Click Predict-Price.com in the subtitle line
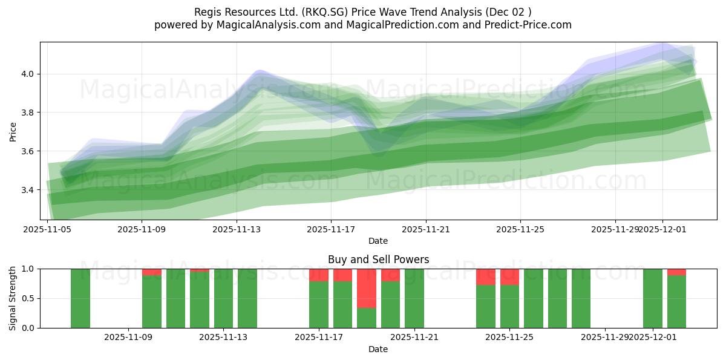[524, 25]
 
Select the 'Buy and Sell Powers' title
[378, 260]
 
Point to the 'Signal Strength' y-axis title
[13, 298]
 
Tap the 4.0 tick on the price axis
[28, 74]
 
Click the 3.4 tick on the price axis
[28, 190]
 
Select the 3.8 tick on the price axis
[28, 113]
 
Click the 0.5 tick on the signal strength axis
[28, 298]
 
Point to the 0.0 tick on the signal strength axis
[28, 328]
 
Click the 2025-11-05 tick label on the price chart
[47, 230]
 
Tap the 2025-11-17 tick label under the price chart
[331, 230]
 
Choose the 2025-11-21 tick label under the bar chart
[414, 338]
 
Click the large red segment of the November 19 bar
[366, 288]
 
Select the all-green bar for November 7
[80, 298]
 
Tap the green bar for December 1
[653, 298]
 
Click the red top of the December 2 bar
[676, 272]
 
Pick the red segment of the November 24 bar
[485, 276]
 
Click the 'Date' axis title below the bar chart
[378, 349]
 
